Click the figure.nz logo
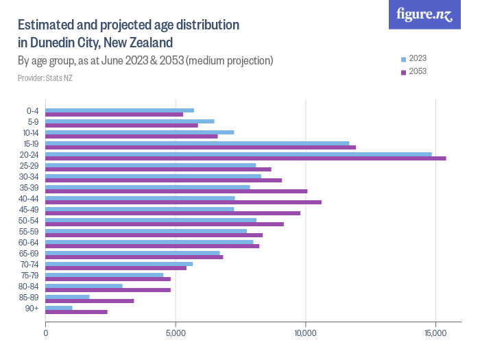424,14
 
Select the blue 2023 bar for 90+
59,308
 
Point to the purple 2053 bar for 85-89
90,301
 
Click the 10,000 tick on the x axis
305,333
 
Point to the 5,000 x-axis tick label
176,333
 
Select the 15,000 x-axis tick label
435,333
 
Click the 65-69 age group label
30,254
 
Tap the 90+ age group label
33,309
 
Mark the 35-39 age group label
30,188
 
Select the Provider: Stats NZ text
45,78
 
